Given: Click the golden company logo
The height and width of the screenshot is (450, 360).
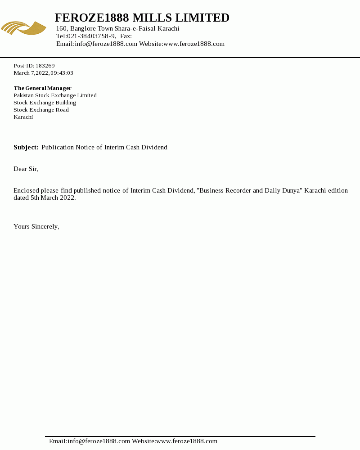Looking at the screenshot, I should tap(23, 28).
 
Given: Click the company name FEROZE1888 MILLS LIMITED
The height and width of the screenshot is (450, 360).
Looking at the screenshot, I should tap(142, 18).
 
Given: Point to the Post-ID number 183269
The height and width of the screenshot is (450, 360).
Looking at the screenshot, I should tap(45, 66).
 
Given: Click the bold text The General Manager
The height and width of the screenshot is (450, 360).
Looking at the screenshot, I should tap(42, 88).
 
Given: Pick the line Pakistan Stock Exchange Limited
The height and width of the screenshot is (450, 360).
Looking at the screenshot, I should tap(55, 95).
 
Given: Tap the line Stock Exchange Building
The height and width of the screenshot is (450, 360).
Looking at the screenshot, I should tap(45, 103).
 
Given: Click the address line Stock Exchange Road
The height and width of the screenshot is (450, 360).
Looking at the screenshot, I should tap(41, 110).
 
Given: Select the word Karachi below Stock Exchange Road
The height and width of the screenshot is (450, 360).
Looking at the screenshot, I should tap(23, 117).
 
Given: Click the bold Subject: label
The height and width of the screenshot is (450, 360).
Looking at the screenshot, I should tap(26, 147).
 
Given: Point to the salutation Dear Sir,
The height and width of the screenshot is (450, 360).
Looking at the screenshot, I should tap(26, 169).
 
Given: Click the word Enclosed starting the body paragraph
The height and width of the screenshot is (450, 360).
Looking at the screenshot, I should tap(26, 190).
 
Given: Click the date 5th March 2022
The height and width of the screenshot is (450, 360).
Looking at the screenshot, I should tap(53, 198).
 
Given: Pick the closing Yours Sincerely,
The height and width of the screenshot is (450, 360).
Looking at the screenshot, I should tap(36, 226).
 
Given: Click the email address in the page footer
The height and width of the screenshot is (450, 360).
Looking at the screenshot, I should tap(99, 441).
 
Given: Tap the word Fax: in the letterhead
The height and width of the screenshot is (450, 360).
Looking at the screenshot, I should tap(126, 36).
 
